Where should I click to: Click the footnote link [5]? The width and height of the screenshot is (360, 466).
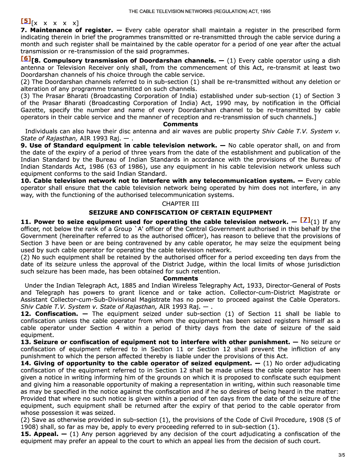pos(26,21)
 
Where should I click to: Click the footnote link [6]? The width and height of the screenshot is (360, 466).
pos(26,59)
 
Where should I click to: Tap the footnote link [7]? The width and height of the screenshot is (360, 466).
pos(305,220)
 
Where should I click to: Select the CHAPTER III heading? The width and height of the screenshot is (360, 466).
pos(180,204)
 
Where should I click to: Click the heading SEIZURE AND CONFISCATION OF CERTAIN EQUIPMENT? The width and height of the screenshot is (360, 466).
pos(180,213)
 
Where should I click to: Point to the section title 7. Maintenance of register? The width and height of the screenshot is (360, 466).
pos(67,30)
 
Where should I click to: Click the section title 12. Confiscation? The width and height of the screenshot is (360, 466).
pos(49,314)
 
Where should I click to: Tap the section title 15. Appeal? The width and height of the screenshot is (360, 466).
pos(40,434)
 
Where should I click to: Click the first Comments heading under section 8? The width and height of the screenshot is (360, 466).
pos(180,124)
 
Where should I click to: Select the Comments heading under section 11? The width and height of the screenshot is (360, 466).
pos(180,279)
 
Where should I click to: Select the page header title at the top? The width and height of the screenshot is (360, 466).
pos(199,11)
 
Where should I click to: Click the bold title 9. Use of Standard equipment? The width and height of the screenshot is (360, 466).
pos(119,145)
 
